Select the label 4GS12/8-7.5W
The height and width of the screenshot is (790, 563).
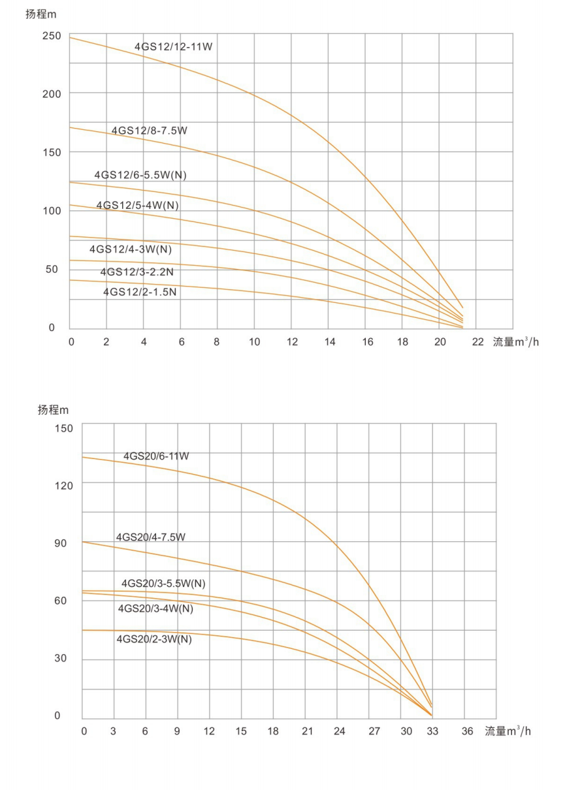150,131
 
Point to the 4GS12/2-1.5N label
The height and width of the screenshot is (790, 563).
140,292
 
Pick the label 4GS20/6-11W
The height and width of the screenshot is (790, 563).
156,456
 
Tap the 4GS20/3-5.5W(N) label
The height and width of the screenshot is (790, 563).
163,583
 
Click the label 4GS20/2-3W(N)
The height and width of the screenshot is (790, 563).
154,639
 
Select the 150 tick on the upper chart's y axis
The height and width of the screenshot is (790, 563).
52,152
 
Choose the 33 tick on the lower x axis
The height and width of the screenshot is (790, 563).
432,731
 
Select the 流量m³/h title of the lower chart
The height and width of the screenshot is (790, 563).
507,731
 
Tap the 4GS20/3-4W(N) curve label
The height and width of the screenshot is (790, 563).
155,608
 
